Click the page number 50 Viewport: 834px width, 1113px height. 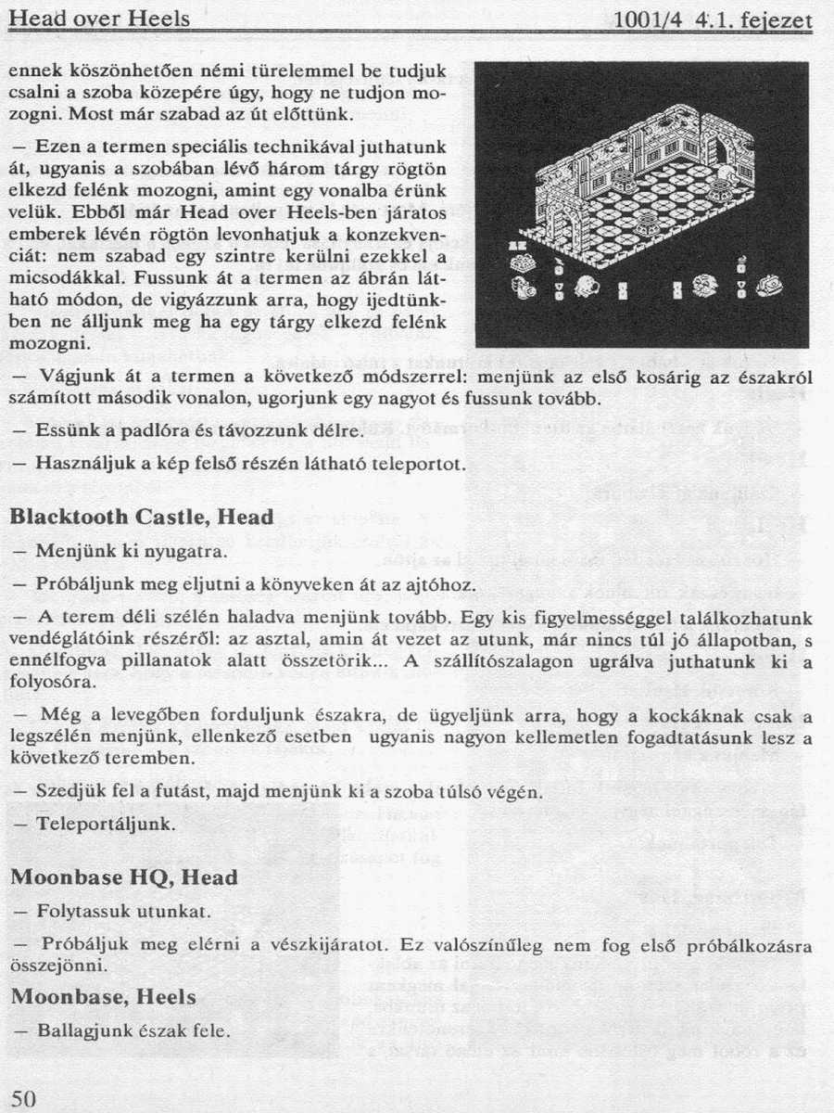click(22, 1098)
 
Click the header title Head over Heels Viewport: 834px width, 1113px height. click(99, 19)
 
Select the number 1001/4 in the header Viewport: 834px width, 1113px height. click(658, 19)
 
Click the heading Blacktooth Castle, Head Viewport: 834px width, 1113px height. click(141, 517)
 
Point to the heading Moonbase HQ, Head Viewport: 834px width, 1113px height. click(123, 876)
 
